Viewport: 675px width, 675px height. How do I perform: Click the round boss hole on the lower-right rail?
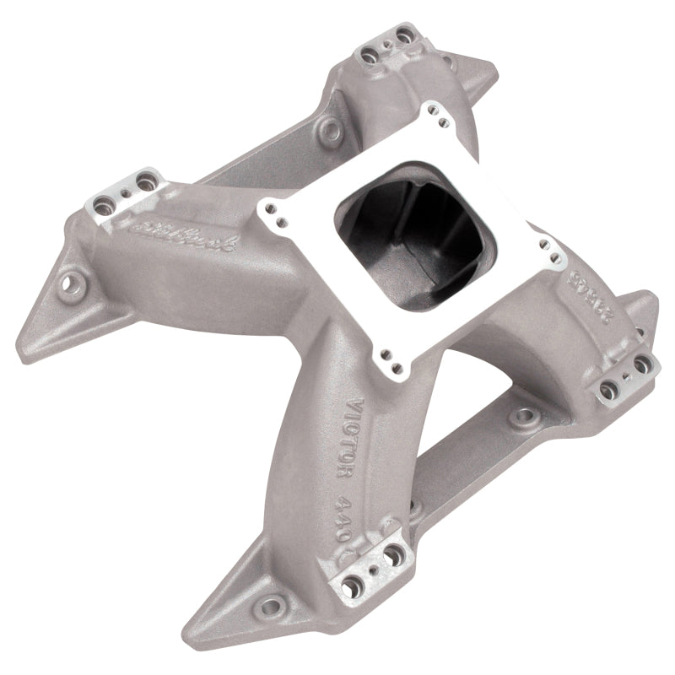point(524,415)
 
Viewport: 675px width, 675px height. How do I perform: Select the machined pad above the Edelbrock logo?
point(127,193)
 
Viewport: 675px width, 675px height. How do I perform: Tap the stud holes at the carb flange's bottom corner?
point(390,358)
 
